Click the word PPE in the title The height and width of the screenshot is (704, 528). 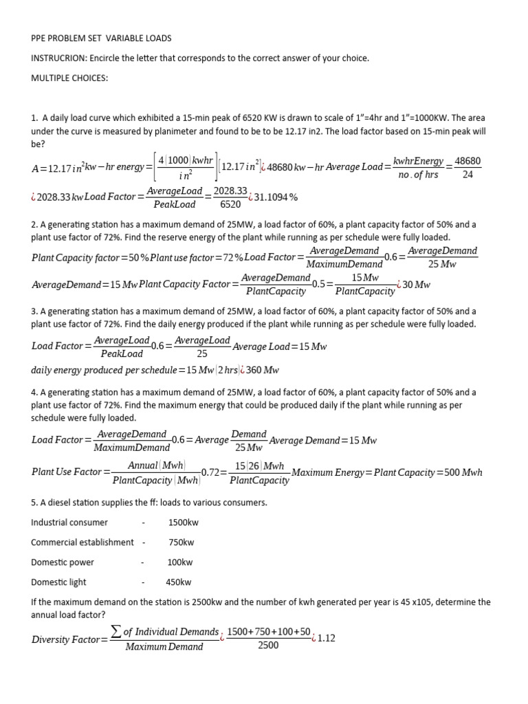click(39, 38)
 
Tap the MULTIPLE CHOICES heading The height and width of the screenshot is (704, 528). click(69, 78)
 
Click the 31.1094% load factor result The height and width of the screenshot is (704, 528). click(276, 197)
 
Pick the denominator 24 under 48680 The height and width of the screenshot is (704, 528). click(467, 175)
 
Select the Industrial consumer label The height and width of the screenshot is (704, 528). click(69, 522)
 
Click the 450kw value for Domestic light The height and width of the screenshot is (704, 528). click(179, 582)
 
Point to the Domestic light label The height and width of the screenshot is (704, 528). click(59, 582)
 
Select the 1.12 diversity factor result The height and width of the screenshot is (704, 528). click(327, 639)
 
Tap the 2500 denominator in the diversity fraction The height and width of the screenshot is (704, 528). click(268, 646)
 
